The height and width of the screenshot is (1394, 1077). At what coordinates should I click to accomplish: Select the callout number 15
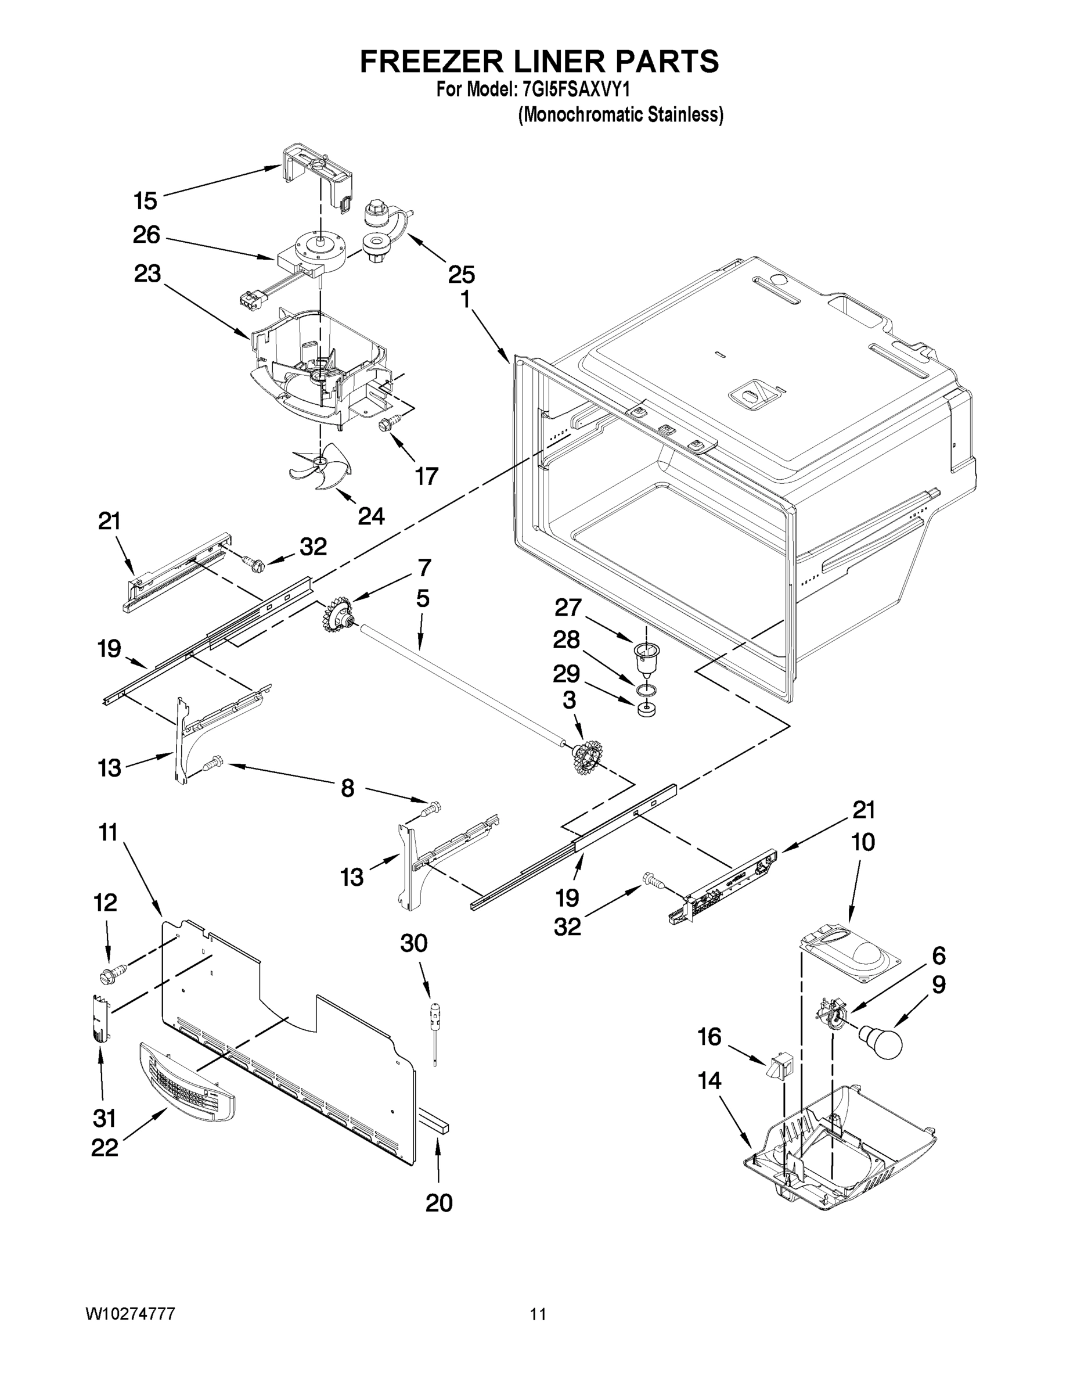pyautogui.click(x=146, y=200)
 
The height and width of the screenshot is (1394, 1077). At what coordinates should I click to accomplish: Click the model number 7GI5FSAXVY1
pyautogui.click(x=579, y=89)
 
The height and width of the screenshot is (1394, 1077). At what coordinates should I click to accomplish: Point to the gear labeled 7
pyautogui.click(x=338, y=616)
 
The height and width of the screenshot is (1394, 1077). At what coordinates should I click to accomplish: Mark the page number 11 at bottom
pyautogui.click(x=538, y=1314)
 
